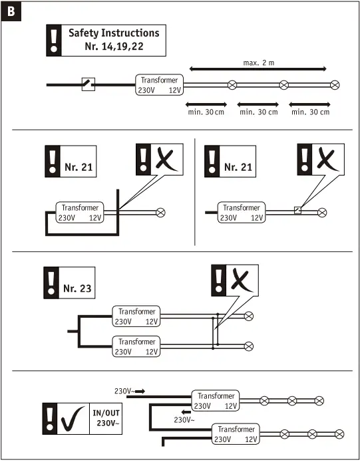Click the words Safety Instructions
point(114,33)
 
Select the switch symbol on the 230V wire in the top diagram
point(88,84)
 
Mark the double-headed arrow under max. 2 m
point(259,69)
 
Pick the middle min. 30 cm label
point(258,112)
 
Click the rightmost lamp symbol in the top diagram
point(335,84)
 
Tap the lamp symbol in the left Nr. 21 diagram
point(160,212)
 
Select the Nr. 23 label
point(77,289)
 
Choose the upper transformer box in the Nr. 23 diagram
point(137,316)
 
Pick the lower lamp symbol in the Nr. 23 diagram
point(250,346)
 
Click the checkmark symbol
point(73,418)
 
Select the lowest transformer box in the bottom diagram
point(235,434)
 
